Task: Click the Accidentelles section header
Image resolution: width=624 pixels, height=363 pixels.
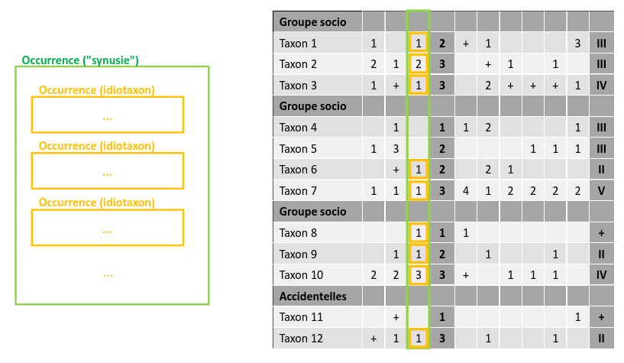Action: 313,296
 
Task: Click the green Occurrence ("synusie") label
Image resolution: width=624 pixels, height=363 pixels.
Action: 80,60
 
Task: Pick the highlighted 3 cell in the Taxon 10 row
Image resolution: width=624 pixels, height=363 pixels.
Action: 419,274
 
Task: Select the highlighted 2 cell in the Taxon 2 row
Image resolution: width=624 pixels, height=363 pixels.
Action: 419,64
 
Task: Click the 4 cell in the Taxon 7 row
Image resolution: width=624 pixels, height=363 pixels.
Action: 465,190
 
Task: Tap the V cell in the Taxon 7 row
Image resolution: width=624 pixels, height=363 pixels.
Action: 601,190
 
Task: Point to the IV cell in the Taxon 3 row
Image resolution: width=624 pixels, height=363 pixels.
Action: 601,85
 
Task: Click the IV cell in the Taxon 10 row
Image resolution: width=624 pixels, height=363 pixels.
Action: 601,274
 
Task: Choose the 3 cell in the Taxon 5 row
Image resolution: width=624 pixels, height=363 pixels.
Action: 396,148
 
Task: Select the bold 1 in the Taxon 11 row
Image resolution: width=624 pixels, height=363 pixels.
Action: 442,316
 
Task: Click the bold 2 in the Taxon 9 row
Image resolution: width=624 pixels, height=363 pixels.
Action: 442,254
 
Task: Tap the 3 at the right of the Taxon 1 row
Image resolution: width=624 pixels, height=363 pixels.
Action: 578,43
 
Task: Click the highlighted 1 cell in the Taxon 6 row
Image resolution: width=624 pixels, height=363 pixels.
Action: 419,169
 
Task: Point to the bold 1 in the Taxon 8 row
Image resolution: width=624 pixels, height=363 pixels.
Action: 442,232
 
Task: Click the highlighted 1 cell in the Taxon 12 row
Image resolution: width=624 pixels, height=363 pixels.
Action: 419,338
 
